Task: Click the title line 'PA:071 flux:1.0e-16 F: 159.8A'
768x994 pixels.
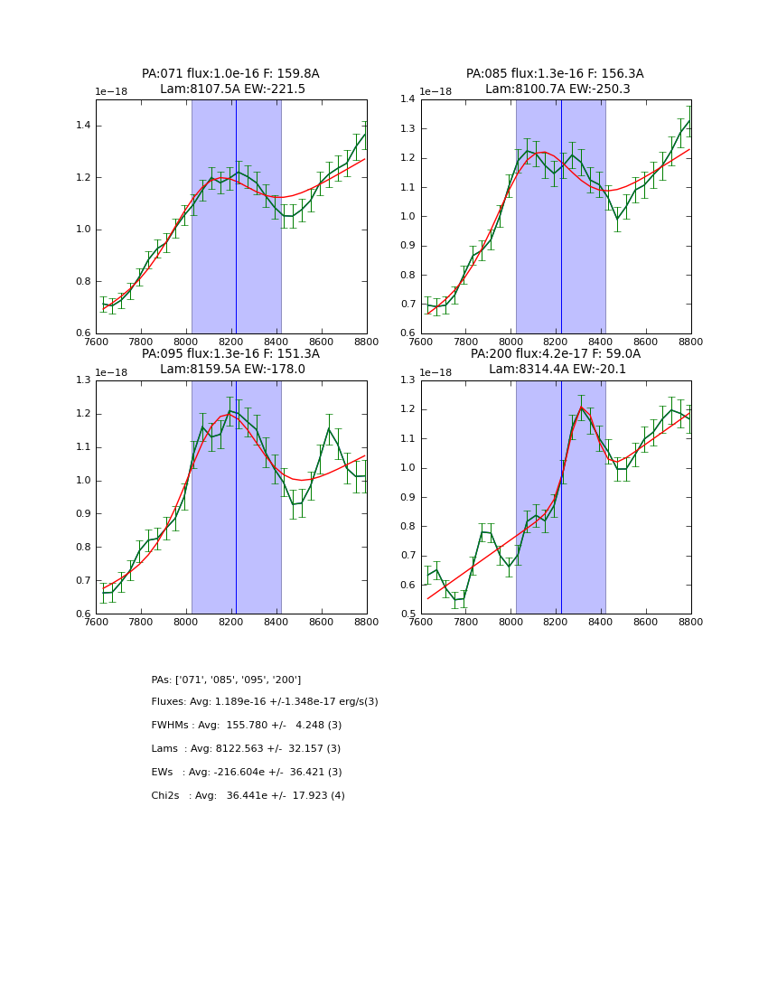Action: click(230, 74)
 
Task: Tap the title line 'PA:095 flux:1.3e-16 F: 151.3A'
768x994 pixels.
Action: click(230, 354)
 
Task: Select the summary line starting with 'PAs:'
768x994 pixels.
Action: click(226, 680)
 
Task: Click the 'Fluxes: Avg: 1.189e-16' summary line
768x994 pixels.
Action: click(265, 702)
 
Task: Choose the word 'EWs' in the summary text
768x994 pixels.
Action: click(162, 773)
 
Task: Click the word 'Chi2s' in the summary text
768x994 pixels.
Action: click(165, 796)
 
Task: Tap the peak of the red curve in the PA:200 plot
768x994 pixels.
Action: click(582, 408)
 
